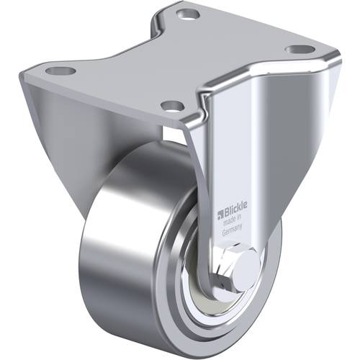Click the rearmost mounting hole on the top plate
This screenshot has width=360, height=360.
189,14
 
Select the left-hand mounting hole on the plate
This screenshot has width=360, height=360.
60,71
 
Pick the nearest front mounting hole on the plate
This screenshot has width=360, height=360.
171,107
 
